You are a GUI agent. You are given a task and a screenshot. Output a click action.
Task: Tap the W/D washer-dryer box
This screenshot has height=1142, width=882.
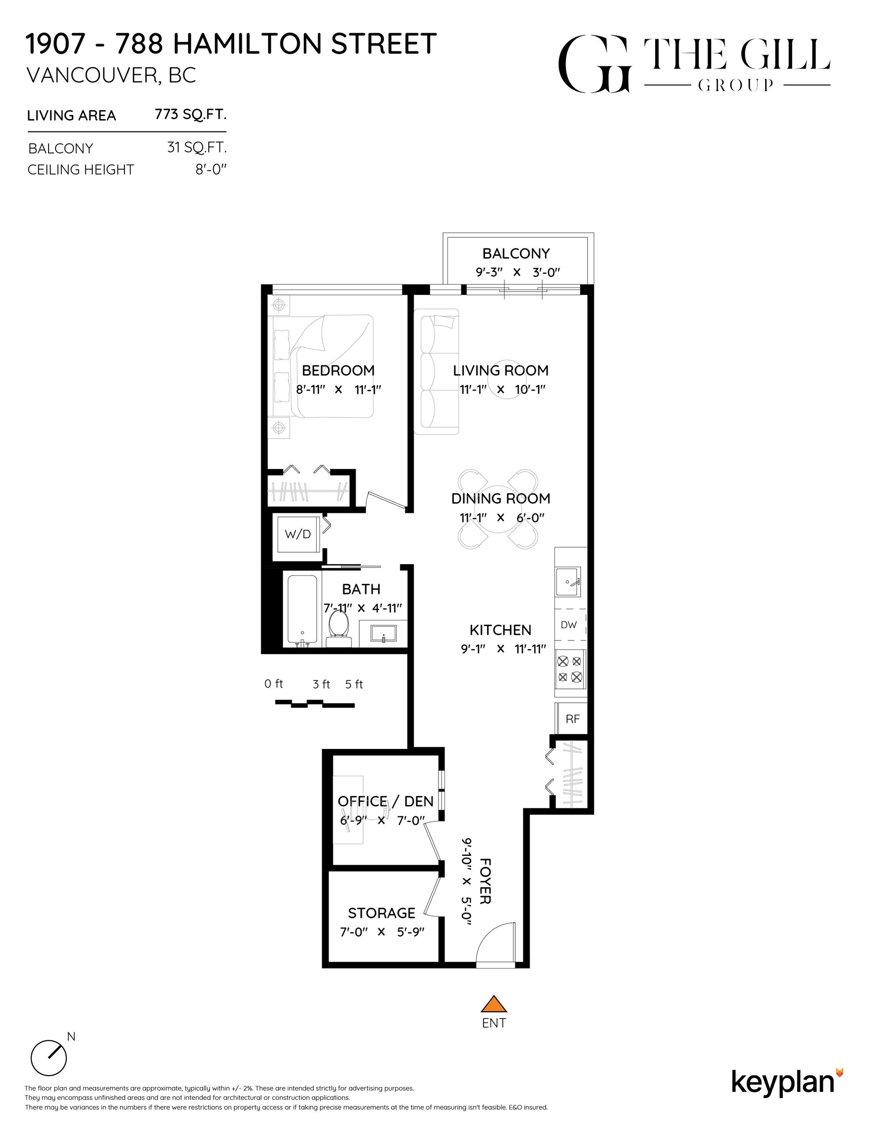pyautogui.click(x=297, y=534)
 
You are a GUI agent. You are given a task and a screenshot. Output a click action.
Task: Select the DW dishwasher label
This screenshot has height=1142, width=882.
pyautogui.click(x=568, y=625)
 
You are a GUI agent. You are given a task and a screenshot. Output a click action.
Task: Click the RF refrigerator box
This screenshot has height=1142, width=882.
pyautogui.click(x=572, y=718)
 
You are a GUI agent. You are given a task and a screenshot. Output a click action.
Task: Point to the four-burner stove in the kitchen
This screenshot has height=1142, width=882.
pyautogui.click(x=570, y=669)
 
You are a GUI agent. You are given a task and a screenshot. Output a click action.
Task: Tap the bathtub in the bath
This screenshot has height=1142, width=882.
pyautogui.click(x=302, y=610)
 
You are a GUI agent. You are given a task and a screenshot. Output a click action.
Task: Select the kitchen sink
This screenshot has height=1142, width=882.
pyautogui.click(x=568, y=581)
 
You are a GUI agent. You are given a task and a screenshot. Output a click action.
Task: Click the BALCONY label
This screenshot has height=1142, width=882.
pyautogui.click(x=515, y=254)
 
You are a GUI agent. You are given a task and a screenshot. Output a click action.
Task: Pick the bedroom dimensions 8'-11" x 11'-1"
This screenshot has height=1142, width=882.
pyautogui.click(x=338, y=390)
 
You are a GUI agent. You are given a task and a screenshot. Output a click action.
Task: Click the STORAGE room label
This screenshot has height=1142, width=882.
pyautogui.click(x=382, y=913)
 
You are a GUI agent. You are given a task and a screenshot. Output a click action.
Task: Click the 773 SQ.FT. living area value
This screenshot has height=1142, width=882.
pyautogui.click(x=190, y=114)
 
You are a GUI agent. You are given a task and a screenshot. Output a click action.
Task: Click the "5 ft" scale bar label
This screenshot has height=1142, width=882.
pyautogui.click(x=354, y=684)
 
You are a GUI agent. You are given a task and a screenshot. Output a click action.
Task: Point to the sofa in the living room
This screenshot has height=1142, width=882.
pyautogui.click(x=437, y=371)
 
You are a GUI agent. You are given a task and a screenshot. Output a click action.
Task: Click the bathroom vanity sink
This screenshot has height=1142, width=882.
pyautogui.click(x=383, y=633)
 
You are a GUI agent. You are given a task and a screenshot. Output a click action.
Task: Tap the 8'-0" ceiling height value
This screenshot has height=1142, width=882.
pyautogui.click(x=211, y=170)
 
